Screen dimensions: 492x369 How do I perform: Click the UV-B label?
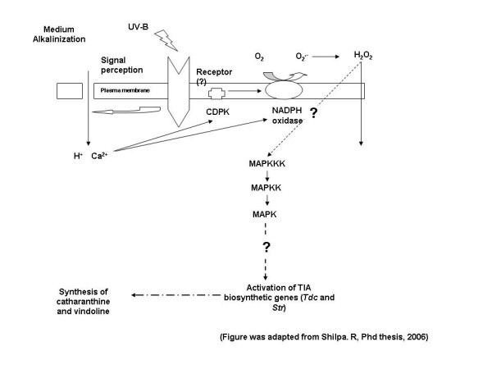tap(138, 27)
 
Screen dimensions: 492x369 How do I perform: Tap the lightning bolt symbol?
tap(166, 40)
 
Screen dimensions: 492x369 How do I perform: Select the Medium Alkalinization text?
tap(59, 34)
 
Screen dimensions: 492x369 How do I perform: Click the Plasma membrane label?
tap(125, 90)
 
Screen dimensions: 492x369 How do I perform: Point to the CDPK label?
tap(218, 112)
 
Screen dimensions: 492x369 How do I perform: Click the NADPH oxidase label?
tap(287, 116)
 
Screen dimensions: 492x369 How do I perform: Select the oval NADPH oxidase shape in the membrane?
tap(284, 90)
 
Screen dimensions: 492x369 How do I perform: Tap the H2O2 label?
tap(363, 56)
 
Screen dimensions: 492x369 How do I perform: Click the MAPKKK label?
tap(267, 163)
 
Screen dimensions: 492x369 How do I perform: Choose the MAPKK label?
tap(266, 188)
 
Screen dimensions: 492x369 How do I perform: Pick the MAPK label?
tap(265, 214)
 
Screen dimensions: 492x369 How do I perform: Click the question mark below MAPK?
tap(266, 248)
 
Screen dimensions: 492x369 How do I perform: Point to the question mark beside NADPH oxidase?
tap(313, 113)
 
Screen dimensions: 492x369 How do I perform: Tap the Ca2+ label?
tap(99, 156)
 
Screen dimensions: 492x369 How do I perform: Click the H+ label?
tap(78, 156)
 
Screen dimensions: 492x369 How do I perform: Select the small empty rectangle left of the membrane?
tap(70, 91)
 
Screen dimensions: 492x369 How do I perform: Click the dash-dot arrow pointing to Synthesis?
tap(176, 295)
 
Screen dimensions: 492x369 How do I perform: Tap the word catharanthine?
tap(83, 302)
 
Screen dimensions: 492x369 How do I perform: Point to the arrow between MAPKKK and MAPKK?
tap(267, 175)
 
